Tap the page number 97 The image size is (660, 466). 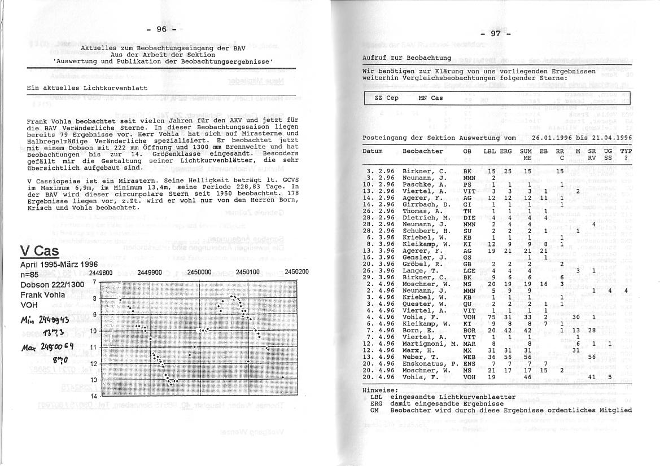click(x=495, y=33)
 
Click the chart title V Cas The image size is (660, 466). click(x=39, y=251)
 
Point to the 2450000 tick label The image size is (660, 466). click(x=199, y=271)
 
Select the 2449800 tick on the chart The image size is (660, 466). click(x=102, y=271)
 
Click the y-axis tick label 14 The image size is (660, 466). click(x=94, y=397)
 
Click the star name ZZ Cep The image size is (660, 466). click(x=386, y=98)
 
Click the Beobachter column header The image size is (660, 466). click(x=422, y=151)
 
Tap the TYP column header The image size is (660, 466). click(x=626, y=151)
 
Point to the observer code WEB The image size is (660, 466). click(x=469, y=357)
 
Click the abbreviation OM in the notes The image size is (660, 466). click(x=374, y=410)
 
